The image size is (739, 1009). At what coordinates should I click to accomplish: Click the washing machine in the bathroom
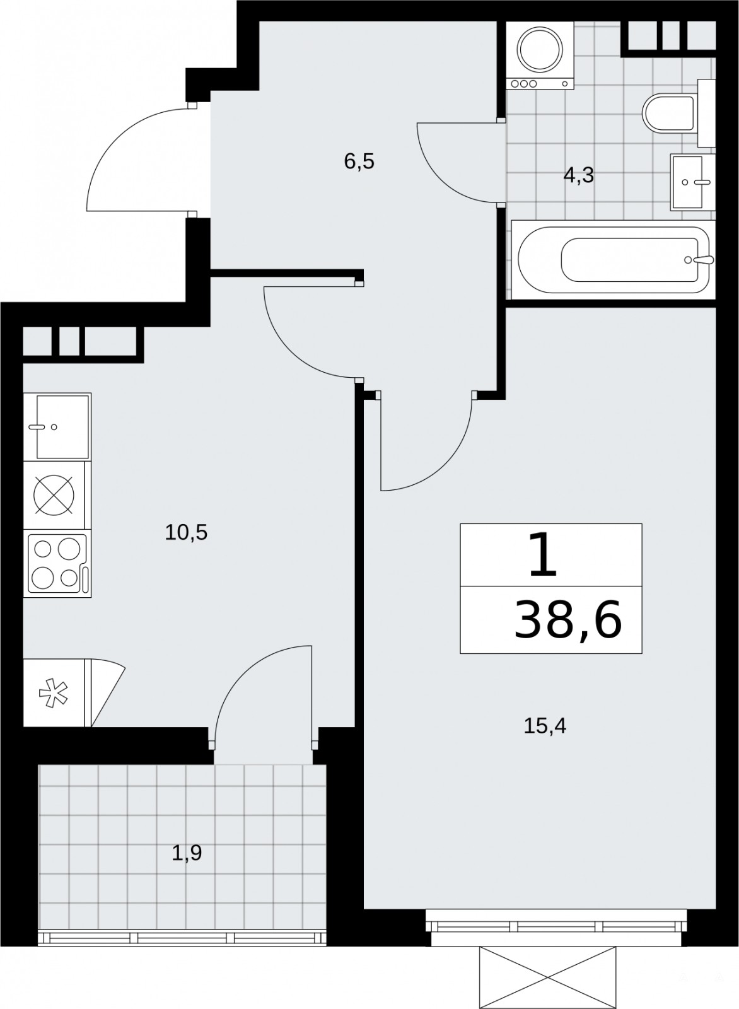click(540, 55)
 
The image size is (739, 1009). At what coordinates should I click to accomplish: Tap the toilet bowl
click(668, 113)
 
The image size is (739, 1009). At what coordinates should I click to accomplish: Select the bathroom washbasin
click(692, 182)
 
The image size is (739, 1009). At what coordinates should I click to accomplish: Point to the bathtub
click(614, 259)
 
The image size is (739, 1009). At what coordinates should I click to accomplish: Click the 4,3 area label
click(579, 175)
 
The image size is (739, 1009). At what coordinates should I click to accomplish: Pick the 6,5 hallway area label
click(359, 161)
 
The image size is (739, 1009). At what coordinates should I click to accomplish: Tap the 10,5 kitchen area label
click(186, 532)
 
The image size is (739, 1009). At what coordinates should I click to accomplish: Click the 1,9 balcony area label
click(187, 853)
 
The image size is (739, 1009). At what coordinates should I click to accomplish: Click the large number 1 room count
click(543, 554)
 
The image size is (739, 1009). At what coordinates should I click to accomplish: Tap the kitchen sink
click(57, 426)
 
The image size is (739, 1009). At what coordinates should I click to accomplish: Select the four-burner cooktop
click(57, 564)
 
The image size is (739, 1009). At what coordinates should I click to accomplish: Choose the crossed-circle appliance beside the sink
click(54, 494)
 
